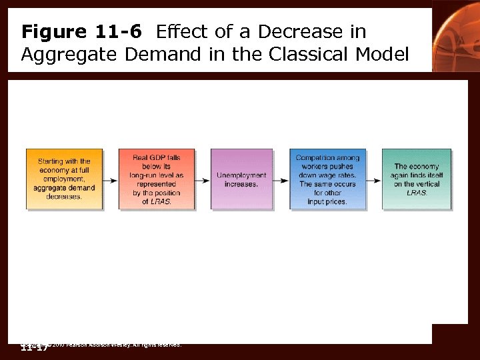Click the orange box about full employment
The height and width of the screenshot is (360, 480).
pyautogui.click(x=64, y=179)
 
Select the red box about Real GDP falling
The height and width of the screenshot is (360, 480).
pyautogui.click(x=157, y=179)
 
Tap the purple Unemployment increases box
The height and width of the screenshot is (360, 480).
pyautogui.click(x=241, y=179)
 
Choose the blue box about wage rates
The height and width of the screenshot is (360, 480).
pyautogui.click(x=327, y=179)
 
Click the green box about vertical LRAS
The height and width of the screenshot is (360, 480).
pyautogui.click(x=417, y=179)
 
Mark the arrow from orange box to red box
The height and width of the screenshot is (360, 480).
pyautogui.click(x=111, y=179)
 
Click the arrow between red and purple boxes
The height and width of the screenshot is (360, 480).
pyautogui.click(x=203, y=179)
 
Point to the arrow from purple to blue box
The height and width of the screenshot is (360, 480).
pyautogui.click(x=281, y=179)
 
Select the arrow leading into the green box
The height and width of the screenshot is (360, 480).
pyautogui.click(x=374, y=179)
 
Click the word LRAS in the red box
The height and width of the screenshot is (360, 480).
pyautogui.click(x=161, y=201)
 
